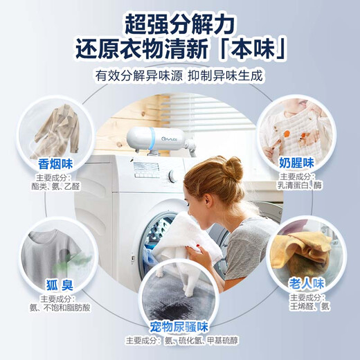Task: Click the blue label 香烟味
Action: pos(55,164)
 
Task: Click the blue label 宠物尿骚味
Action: pos(179,326)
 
